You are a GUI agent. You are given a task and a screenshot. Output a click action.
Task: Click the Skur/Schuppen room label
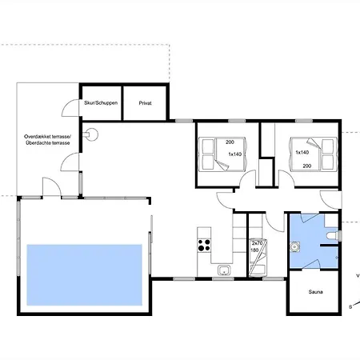(x=101, y=103)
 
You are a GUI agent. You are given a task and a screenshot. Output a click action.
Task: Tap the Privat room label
(x=145, y=103)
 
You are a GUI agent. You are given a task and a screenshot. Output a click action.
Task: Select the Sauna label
(x=315, y=292)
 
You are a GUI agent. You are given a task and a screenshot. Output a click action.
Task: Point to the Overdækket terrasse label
(x=47, y=137)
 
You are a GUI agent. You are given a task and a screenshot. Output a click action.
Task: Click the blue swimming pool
(x=84, y=274)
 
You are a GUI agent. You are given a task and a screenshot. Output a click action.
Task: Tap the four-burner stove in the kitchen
(x=204, y=246)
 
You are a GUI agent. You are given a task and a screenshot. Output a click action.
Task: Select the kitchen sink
(x=224, y=270)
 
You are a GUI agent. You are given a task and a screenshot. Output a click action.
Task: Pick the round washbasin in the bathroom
(x=295, y=246)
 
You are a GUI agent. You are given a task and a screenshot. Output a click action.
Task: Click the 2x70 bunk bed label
(x=257, y=243)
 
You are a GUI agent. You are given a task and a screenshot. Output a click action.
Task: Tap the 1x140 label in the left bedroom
(x=235, y=154)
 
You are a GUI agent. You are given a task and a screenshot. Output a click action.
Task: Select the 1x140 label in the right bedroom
(x=302, y=152)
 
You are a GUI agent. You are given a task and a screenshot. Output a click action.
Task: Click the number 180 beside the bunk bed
(x=254, y=250)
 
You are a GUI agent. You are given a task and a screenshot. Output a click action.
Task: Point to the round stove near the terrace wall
(x=92, y=134)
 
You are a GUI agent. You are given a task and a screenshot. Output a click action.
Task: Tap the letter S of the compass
(x=350, y=307)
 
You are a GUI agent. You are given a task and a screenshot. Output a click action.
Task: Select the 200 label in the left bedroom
(x=230, y=142)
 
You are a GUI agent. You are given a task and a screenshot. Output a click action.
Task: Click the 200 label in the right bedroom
(x=307, y=166)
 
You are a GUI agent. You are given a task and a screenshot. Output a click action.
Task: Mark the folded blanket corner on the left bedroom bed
(x=222, y=165)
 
